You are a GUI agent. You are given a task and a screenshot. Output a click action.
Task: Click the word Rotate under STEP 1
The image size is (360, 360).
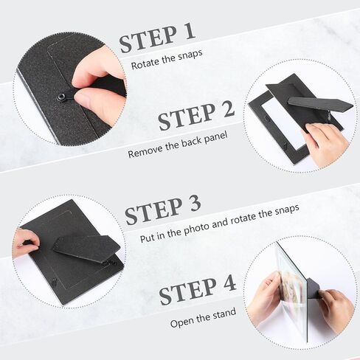click(x=145, y=63)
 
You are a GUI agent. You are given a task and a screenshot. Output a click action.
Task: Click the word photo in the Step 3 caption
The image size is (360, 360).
click(x=196, y=229)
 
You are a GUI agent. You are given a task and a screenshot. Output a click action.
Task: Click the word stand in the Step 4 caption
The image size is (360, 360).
click(x=224, y=313)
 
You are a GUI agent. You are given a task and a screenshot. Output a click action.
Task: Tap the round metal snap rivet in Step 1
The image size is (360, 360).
click(x=60, y=97)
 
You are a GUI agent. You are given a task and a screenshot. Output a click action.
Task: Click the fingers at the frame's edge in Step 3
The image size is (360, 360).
click(x=26, y=242)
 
